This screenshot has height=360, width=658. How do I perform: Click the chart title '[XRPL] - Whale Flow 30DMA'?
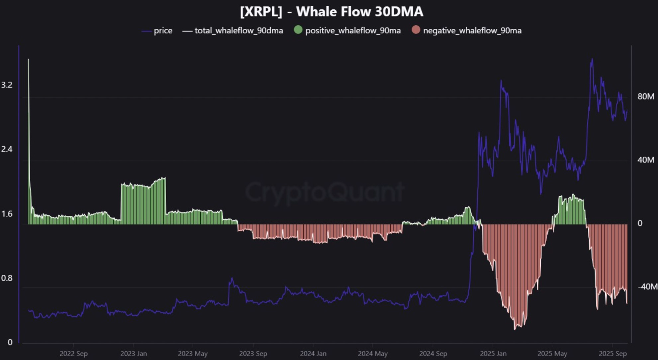point(331,12)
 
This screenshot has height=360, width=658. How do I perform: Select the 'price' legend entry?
point(163,31)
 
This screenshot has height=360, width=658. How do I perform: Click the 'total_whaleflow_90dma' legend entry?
point(239,31)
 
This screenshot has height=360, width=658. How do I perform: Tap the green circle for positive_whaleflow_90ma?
point(298,30)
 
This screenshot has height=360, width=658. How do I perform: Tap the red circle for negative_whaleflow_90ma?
point(416,30)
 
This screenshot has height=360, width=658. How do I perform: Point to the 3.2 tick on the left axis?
point(7,85)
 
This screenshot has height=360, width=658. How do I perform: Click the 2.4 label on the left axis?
point(7,149)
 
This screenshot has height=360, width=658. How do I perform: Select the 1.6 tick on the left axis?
point(7,214)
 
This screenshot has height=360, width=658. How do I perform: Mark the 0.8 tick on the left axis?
point(7,278)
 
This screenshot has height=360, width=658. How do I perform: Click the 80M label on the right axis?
point(646,96)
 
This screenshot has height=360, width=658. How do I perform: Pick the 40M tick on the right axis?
point(646,160)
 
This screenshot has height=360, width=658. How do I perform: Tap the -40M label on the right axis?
point(647,287)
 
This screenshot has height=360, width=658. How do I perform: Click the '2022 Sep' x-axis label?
point(73,354)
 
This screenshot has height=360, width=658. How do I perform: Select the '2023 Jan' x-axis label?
point(133,354)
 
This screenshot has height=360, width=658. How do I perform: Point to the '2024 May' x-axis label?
point(373,354)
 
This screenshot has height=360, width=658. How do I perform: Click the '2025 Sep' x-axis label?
point(612,354)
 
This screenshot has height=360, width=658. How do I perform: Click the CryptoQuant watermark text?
point(325,192)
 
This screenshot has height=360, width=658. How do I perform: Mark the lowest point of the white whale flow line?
point(515,329)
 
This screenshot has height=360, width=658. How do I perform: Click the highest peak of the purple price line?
point(591,59)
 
